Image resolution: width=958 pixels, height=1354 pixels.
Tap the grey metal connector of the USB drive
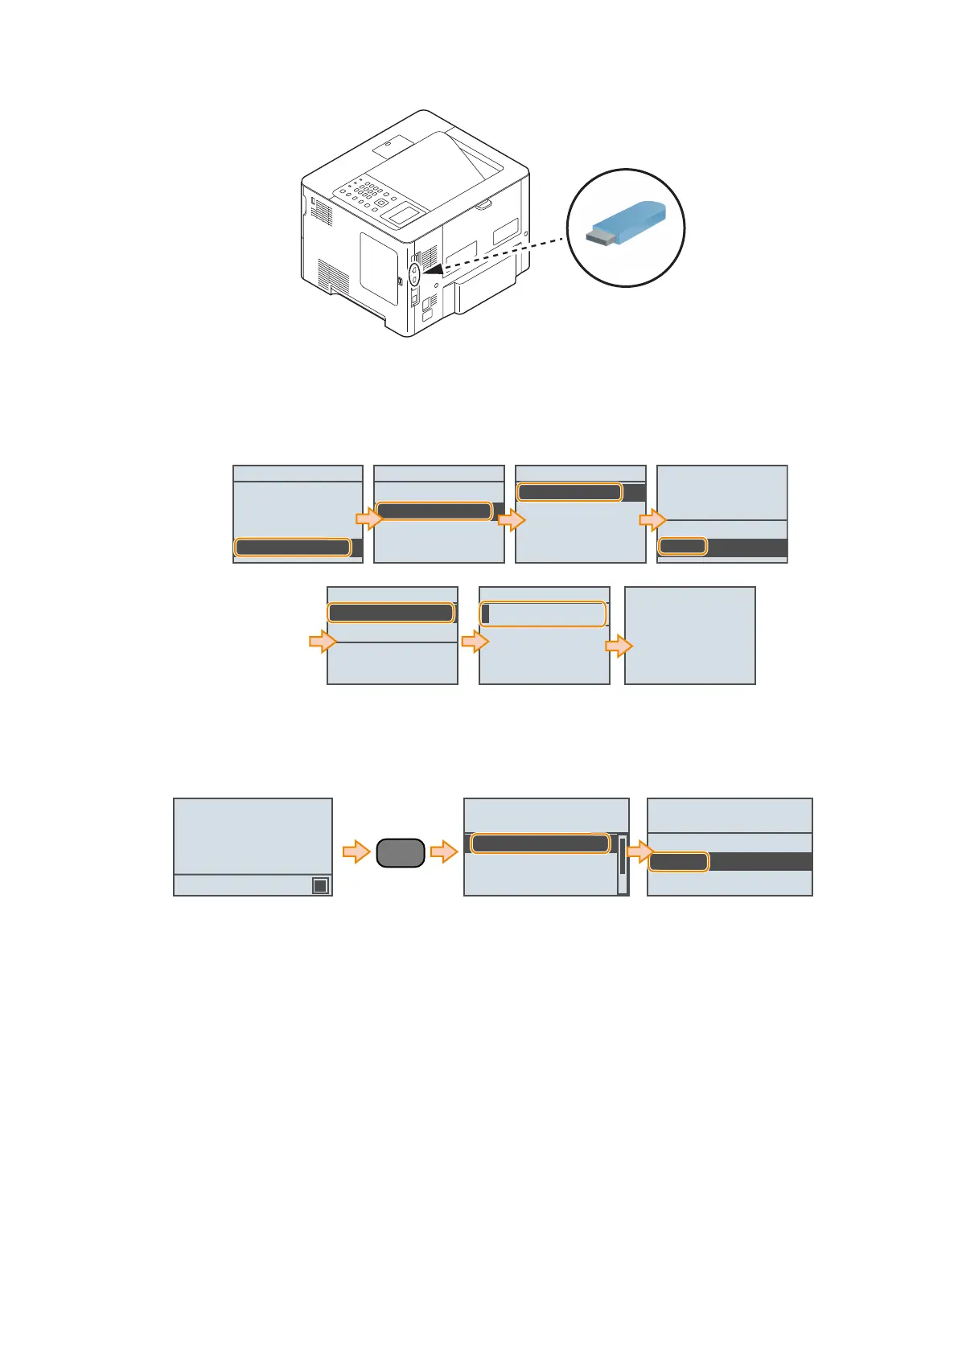coord(598,237)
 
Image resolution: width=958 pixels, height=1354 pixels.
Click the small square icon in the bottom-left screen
coord(320,885)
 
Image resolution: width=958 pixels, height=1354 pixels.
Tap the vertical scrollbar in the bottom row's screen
coord(623,864)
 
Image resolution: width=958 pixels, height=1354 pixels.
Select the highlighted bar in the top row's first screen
coord(293,548)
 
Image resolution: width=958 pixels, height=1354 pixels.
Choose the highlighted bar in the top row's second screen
coord(434,511)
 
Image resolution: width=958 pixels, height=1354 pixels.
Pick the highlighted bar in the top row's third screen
coord(569,492)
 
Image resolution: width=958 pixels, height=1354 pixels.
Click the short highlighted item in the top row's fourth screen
coord(682,547)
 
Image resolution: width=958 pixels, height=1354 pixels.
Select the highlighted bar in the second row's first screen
coord(391,613)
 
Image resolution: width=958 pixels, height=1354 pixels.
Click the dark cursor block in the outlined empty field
coord(485,614)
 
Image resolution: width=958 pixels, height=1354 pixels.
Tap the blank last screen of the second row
coord(689,635)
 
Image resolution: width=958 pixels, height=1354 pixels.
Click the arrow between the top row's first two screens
coord(368,519)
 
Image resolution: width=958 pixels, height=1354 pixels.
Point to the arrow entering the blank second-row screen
coord(619,646)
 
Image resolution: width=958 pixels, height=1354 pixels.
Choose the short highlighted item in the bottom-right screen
coord(678,862)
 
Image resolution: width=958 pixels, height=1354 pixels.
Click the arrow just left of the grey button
coord(356,851)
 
